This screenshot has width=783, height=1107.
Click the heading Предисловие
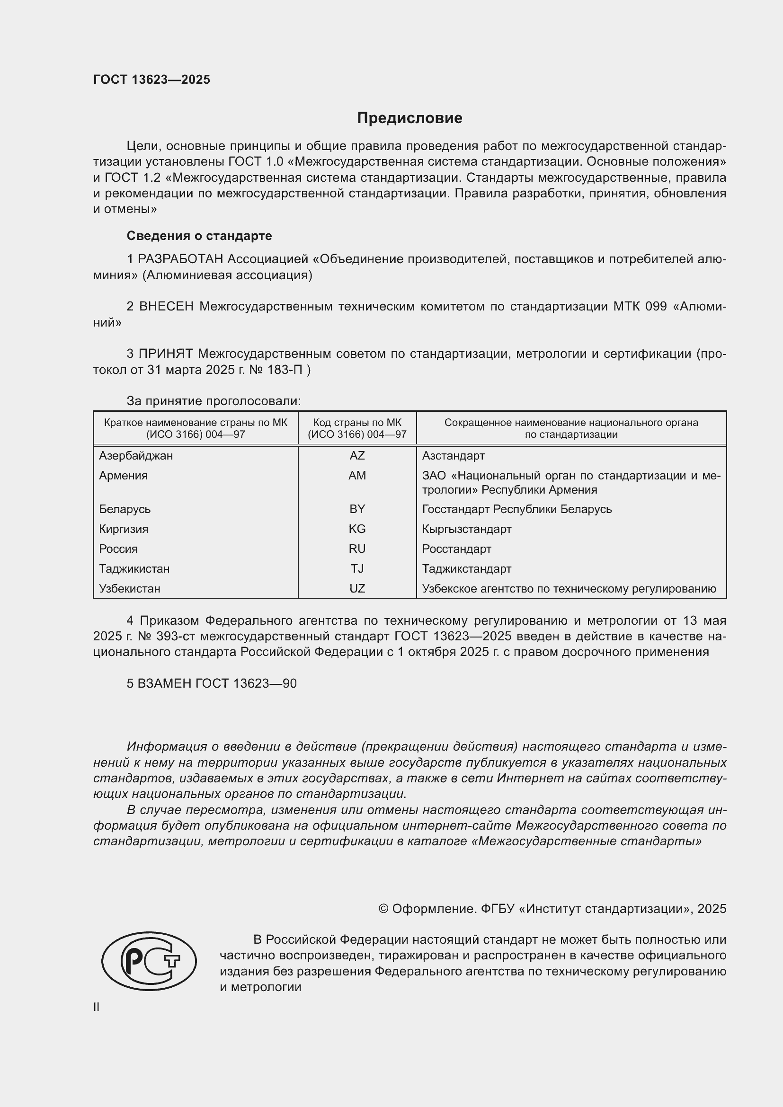click(409, 118)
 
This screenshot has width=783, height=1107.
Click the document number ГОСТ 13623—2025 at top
click(152, 80)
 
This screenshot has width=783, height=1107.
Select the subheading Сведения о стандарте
click(199, 236)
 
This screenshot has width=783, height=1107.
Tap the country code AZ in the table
click(357, 456)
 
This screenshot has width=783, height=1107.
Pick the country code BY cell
click(357, 509)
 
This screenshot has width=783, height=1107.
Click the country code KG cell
click(357, 529)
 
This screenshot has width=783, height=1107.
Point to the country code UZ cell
click(357, 589)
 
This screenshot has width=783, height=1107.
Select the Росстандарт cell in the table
click(456, 549)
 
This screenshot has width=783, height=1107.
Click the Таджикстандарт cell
click(466, 569)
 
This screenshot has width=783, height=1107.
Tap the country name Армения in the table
click(124, 475)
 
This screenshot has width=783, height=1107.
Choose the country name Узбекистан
click(130, 589)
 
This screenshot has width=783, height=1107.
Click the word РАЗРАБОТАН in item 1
click(180, 259)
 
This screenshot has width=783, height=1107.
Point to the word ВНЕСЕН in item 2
click(166, 307)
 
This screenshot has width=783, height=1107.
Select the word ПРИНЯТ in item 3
click(166, 354)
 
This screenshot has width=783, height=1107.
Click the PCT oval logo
click(149, 961)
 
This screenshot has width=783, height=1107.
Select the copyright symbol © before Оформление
click(383, 909)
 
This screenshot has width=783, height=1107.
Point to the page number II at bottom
click(97, 1007)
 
